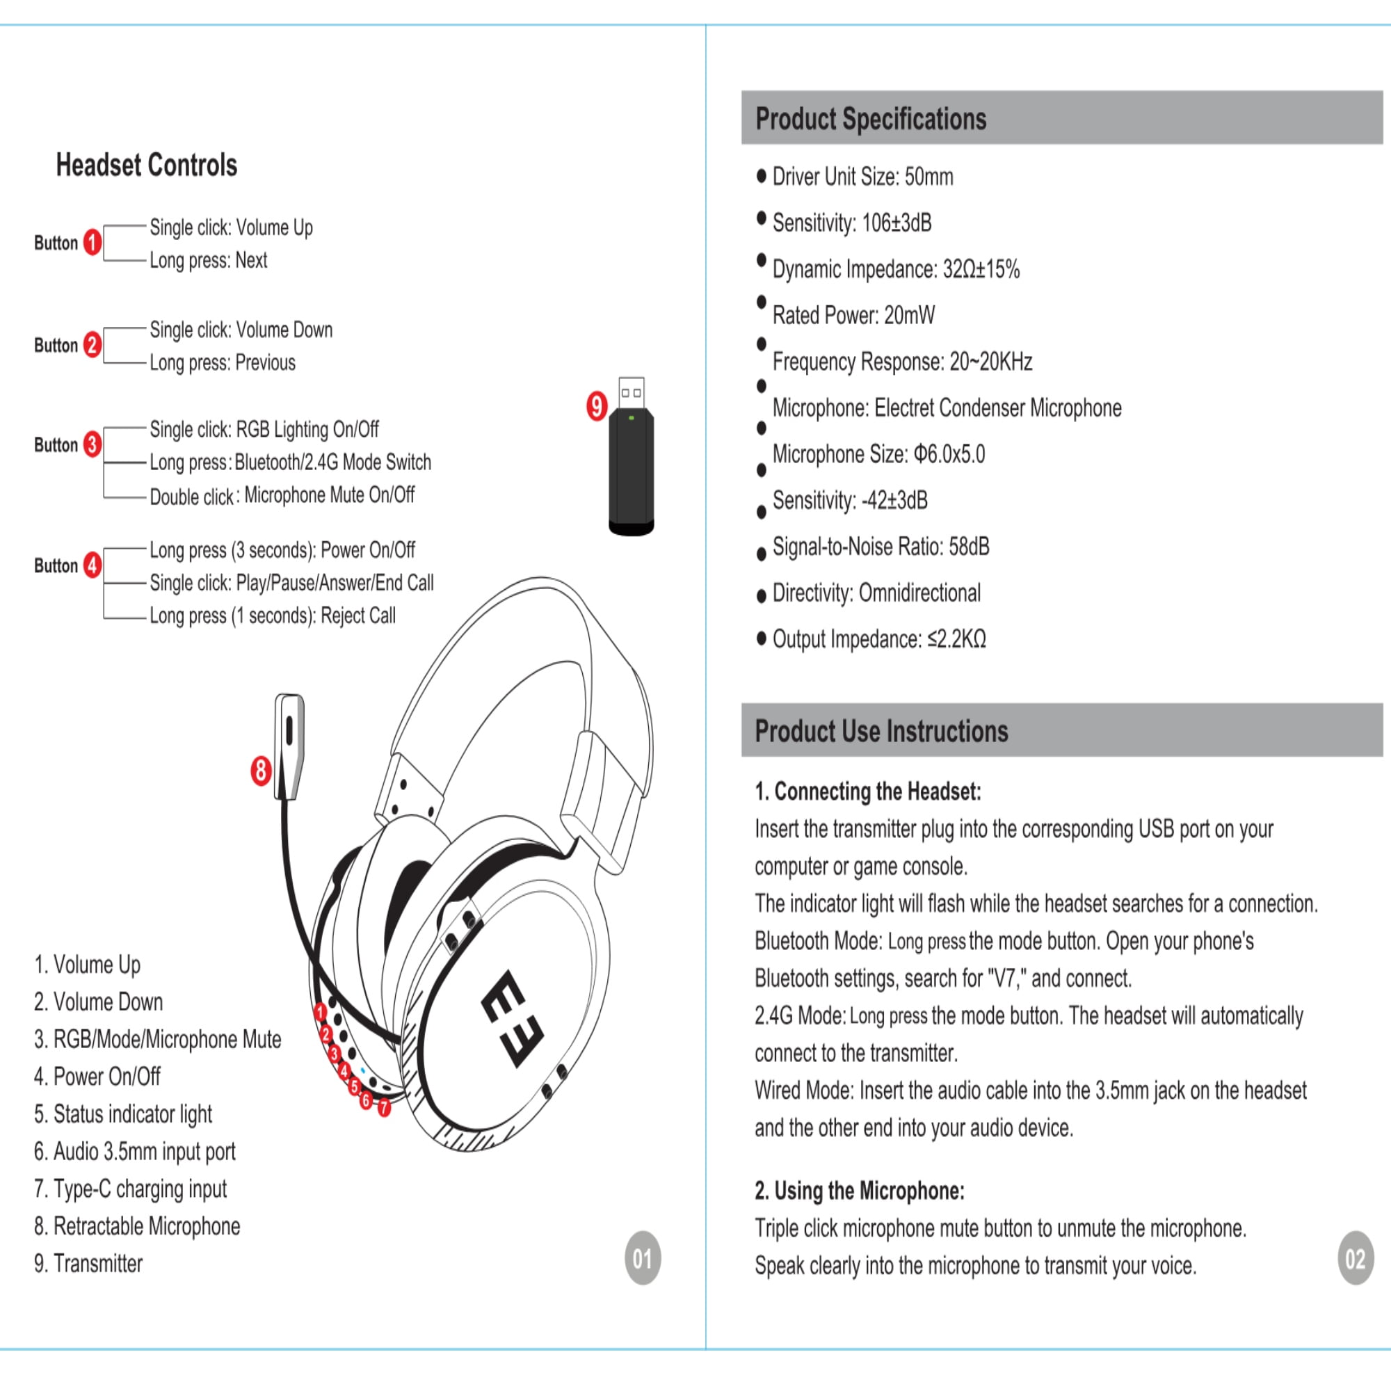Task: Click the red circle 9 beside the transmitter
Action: tap(596, 406)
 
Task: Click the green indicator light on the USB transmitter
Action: tap(632, 417)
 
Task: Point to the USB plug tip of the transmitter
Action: tap(632, 392)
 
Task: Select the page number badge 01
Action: tap(642, 1257)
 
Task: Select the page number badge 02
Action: tap(1355, 1257)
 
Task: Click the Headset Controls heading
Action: tap(147, 165)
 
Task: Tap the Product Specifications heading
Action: tap(871, 119)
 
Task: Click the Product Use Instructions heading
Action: tap(881, 731)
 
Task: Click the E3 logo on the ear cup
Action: tap(513, 1019)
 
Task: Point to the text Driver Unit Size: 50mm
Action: tap(862, 177)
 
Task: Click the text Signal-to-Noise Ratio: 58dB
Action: tap(881, 547)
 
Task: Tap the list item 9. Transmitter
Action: tap(88, 1263)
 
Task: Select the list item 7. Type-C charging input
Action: tap(130, 1189)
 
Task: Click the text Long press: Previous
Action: tap(223, 363)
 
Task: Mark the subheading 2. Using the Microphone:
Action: tap(860, 1191)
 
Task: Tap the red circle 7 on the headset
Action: tap(385, 1107)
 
